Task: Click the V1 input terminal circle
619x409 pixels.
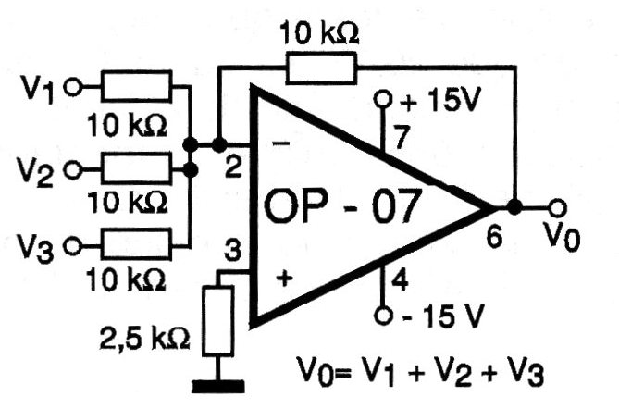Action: coord(73,87)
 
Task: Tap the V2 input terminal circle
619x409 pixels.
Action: coord(73,171)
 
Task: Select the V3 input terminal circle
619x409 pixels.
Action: coord(73,247)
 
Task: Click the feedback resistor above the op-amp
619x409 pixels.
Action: coord(321,68)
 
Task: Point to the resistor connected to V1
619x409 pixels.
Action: coord(137,86)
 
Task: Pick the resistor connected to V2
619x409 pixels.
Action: coord(137,168)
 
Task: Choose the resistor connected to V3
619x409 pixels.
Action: coord(137,244)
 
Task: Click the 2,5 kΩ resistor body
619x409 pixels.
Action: coord(218,321)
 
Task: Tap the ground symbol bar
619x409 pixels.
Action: coord(218,387)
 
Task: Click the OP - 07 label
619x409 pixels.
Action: coord(341,206)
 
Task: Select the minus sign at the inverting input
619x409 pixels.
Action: coord(281,143)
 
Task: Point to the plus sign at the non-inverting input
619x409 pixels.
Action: coord(285,279)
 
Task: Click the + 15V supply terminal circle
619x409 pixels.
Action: coord(383,100)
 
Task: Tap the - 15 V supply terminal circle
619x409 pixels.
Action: coord(383,316)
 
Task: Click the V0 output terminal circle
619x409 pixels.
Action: coord(557,207)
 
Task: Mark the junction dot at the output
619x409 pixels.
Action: coord(514,207)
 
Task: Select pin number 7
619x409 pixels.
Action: coord(401,137)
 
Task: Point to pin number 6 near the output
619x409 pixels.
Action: coord(494,237)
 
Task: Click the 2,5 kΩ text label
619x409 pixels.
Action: coord(144,339)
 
